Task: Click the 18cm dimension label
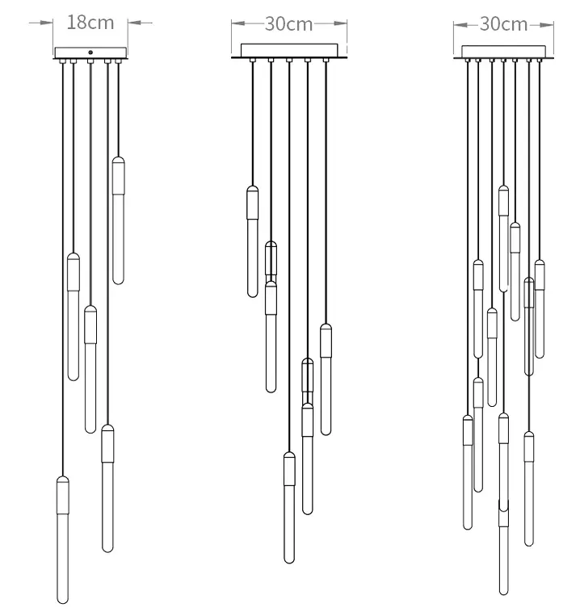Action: (x=90, y=23)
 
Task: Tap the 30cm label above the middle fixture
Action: (x=289, y=24)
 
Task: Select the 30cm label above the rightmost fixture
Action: (x=503, y=24)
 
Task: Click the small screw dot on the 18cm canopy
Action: (x=90, y=52)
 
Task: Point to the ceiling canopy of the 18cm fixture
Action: (x=90, y=52)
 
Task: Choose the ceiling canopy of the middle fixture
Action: (x=289, y=50)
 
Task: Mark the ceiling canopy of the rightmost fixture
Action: (x=503, y=52)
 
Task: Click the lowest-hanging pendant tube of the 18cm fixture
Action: (x=63, y=540)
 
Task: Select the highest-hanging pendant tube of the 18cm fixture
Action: (x=118, y=220)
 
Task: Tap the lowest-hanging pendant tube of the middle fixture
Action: (x=289, y=508)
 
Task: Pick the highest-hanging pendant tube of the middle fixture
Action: (x=253, y=241)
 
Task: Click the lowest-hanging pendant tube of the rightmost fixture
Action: (x=504, y=547)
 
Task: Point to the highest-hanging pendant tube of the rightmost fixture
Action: (x=504, y=239)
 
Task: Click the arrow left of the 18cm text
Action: (x=41, y=23)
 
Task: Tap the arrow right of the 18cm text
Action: (x=140, y=23)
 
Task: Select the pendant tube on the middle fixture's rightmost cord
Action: (x=326, y=379)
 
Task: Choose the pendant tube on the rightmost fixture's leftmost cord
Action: (x=468, y=472)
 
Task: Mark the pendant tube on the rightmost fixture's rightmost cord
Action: (x=540, y=308)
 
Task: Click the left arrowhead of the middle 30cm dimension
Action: (x=238, y=23)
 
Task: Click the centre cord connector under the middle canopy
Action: (x=289, y=60)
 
